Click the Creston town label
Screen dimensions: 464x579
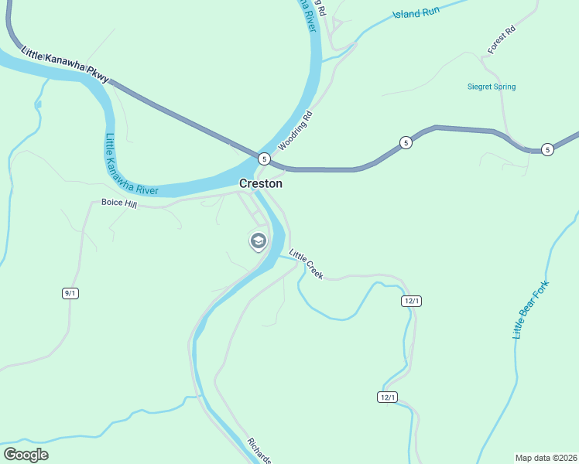coord(260,184)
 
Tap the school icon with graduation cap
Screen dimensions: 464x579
coord(258,241)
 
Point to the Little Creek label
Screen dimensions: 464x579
coord(306,264)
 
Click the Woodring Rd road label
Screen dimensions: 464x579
coord(295,131)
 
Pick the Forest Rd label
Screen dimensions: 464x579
coord(502,41)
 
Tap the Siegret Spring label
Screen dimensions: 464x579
coord(492,87)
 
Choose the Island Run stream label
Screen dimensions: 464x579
coord(416,13)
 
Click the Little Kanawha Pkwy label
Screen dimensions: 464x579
coord(66,64)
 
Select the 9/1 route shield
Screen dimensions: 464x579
coord(70,292)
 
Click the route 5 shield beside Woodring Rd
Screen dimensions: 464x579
coord(264,159)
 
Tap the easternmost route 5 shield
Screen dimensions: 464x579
coord(547,149)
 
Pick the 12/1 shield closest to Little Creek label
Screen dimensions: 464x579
coord(411,301)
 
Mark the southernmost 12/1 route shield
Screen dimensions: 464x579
coord(388,397)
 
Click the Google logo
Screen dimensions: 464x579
coord(26,455)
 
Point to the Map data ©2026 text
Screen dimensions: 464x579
coord(546,457)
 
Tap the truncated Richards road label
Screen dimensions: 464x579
coord(259,452)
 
